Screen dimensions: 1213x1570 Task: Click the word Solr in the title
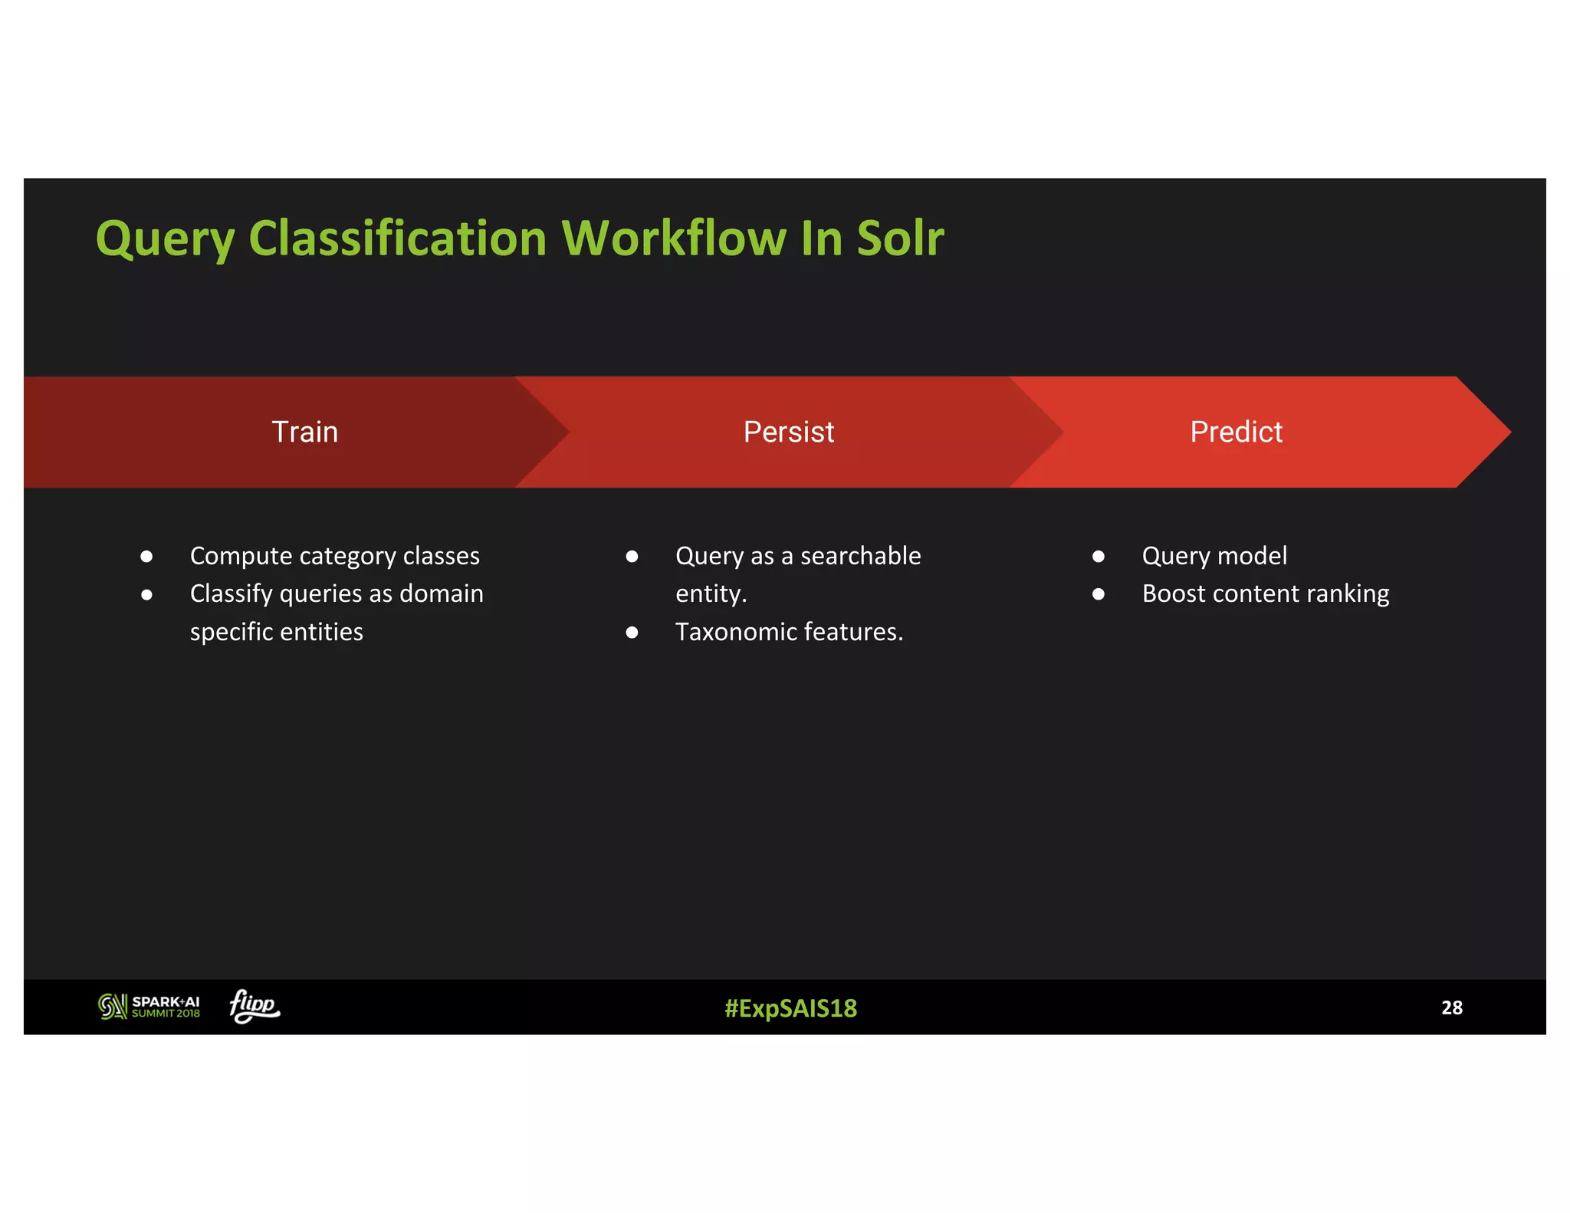900,238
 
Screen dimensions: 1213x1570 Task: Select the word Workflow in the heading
674,238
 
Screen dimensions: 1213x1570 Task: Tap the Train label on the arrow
304,432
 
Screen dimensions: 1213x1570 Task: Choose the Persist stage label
788,432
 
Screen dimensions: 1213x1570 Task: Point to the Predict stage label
1236,432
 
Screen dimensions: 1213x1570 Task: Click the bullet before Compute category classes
146,557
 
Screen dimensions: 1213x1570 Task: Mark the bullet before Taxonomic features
632,633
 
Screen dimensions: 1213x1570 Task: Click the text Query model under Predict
1214,556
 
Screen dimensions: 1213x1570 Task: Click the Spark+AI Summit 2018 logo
149,1007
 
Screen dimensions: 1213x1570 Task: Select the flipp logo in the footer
255,1005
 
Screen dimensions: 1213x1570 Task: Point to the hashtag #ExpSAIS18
790,1008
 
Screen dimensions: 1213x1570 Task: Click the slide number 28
1451,1008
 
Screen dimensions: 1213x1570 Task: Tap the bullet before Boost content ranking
1099,594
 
